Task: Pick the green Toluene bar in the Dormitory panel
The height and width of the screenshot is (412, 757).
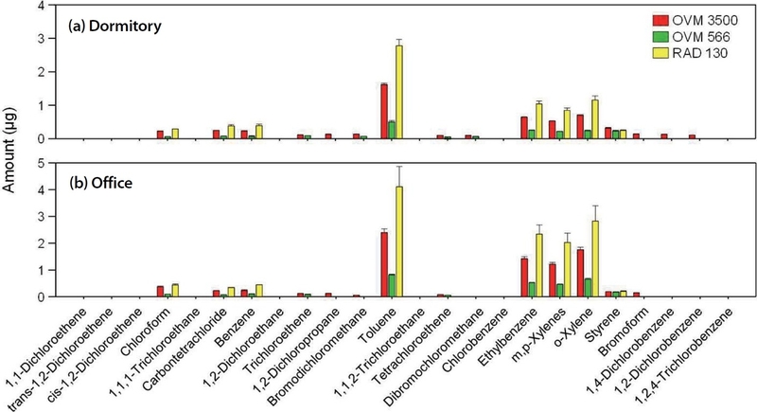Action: coord(392,130)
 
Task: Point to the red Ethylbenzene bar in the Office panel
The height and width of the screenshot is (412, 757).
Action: coord(523,277)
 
